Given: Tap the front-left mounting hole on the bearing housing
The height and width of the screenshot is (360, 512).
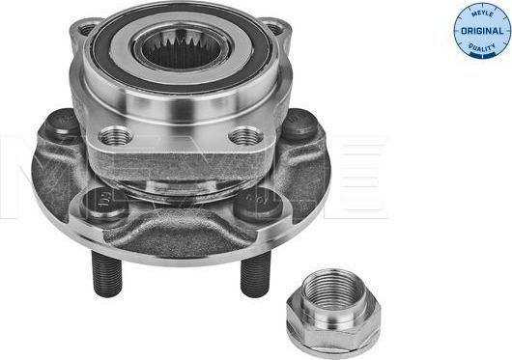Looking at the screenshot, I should click(x=112, y=136).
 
